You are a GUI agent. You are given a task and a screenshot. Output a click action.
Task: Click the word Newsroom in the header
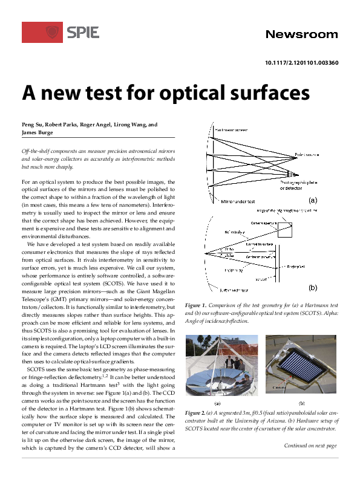(301, 34)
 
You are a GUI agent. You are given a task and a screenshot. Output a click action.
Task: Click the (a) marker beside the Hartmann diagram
(313, 199)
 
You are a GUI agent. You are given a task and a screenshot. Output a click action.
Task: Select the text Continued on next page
(310, 446)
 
